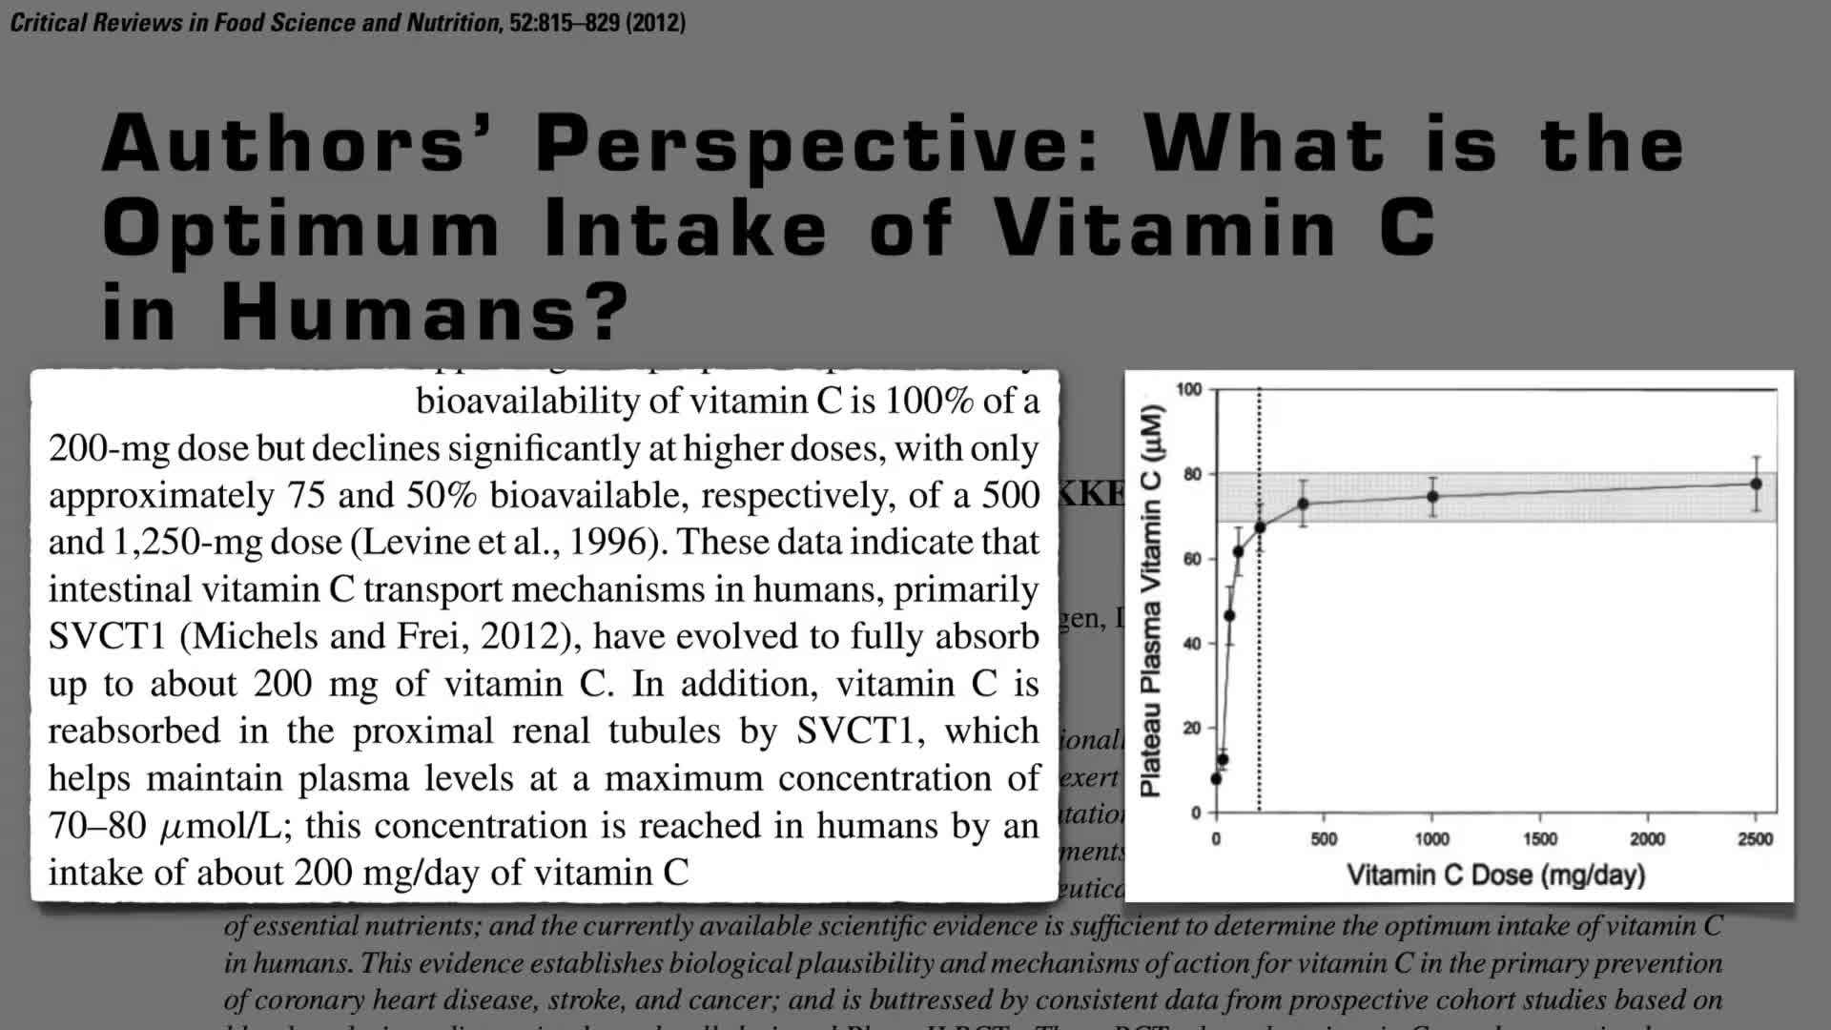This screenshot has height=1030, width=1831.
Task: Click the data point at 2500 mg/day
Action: click(x=1756, y=484)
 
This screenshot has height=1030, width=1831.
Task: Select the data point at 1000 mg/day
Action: click(x=1432, y=496)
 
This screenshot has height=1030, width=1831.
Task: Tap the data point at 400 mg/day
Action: click(x=1303, y=504)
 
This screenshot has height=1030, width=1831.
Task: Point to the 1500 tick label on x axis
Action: click(x=1540, y=839)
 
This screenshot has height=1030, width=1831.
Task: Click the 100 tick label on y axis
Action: click(x=1189, y=389)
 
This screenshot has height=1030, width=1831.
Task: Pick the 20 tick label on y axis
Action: click(x=1192, y=729)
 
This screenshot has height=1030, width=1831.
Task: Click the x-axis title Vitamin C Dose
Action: click(x=1495, y=875)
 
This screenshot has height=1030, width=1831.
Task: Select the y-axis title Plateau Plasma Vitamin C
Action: click(x=1152, y=601)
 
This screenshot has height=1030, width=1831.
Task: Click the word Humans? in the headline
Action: click(x=425, y=312)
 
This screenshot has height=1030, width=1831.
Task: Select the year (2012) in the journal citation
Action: click(x=655, y=22)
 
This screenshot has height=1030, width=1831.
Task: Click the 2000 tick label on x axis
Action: click(x=1648, y=839)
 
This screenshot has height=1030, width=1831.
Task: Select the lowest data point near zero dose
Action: click(x=1216, y=779)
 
